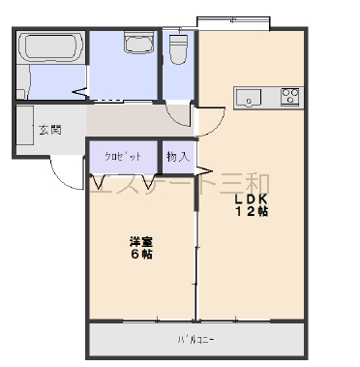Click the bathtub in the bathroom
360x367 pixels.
click(x=50, y=46)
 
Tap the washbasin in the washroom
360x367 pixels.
click(x=137, y=42)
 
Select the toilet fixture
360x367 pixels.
click(x=178, y=47)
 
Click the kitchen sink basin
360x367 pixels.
click(x=248, y=98)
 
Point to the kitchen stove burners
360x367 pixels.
click(x=291, y=96)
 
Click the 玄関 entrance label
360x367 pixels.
click(x=50, y=130)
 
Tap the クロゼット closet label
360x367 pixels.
click(x=123, y=157)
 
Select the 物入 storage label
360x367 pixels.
click(x=178, y=157)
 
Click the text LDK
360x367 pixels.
click(x=252, y=199)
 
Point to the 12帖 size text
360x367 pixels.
click(x=252, y=211)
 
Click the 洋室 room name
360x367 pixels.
click(x=141, y=242)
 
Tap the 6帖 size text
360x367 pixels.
click(x=141, y=254)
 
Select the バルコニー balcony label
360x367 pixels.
click(x=195, y=340)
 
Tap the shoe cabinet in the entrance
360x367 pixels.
click(x=25, y=125)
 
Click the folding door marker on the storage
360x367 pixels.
click(x=204, y=170)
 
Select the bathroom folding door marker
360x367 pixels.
click(x=80, y=93)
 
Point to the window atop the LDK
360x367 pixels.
click(x=233, y=23)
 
